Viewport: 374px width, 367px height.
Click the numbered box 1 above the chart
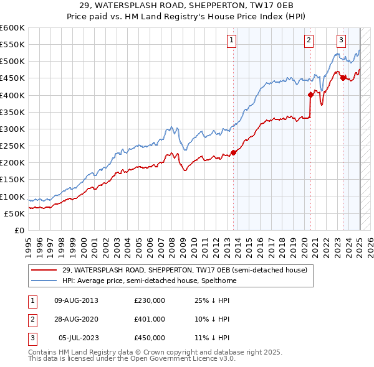coord(231,40)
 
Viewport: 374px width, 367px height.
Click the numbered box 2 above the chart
coord(309,40)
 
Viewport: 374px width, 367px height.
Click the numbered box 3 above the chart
coord(342,40)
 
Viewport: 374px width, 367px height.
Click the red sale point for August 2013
coord(233,152)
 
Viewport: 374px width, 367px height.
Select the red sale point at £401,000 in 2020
coord(310,95)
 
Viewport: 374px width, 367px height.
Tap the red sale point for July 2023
coord(343,78)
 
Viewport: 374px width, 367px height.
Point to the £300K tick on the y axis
coord(12,129)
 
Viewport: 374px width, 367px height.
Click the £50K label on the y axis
coord(14,213)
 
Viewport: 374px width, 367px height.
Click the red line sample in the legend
coord(44,271)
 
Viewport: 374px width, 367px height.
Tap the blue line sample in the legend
coord(44,281)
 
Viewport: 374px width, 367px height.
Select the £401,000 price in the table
coord(150,319)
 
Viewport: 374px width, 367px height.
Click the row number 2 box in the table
coord(32,319)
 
